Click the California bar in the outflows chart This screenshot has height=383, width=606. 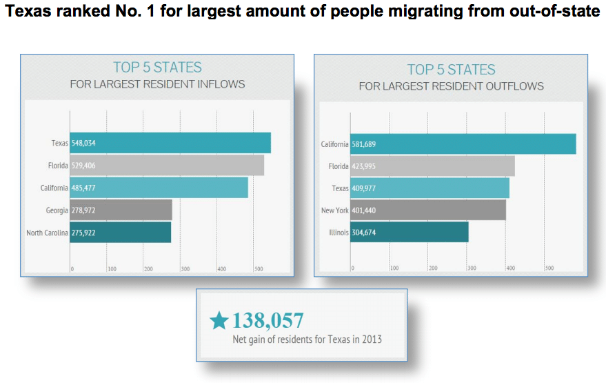click(x=463, y=144)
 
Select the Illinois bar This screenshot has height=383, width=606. click(x=410, y=232)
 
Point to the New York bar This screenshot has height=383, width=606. click(x=428, y=210)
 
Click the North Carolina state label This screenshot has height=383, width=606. click(x=47, y=233)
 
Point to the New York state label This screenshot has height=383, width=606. click(x=336, y=210)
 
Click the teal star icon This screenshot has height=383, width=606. click(x=219, y=320)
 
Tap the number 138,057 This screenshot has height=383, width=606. click(x=267, y=320)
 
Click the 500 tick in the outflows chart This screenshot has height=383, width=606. click(x=549, y=268)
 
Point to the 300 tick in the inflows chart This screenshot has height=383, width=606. click(x=185, y=268)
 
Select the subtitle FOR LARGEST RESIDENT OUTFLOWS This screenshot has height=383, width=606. click(x=451, y=86)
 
